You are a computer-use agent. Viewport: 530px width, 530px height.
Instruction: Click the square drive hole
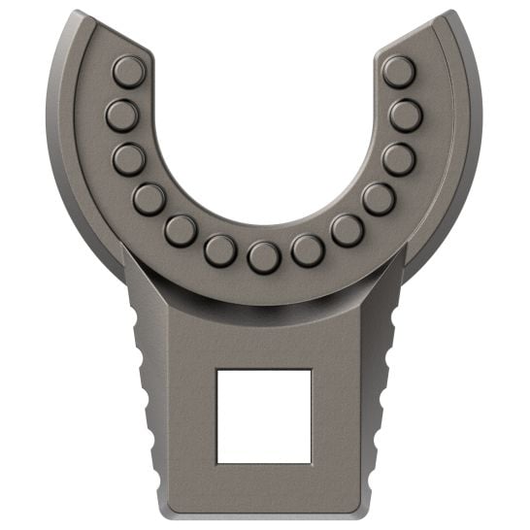[x=264, y=415]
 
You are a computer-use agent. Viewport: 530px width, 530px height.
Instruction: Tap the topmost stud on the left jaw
[x=128, y=71]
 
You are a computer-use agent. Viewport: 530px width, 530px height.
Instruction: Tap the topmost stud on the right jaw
[x=398, y=71]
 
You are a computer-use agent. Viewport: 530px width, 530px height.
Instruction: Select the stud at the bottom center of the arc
[x=264, y=257]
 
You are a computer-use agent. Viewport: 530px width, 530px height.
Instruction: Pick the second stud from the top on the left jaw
[x=122, y=116]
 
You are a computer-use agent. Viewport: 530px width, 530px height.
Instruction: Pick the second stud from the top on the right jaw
[x=406, y=116]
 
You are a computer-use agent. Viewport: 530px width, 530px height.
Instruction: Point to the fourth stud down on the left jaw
[x=149, y=199]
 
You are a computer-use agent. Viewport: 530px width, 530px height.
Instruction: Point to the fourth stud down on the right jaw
[x=379, y=199]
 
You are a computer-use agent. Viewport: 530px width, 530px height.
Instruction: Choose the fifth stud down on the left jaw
[x=181, y=230]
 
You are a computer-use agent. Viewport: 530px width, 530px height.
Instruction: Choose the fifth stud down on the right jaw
[x=347, y=230]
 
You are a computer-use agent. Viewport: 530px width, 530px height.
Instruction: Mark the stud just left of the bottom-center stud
[x=220, y=250]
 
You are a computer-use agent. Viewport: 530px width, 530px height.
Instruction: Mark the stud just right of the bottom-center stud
[x=308, y=250]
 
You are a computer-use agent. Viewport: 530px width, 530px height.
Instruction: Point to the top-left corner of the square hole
[x=217, y=370]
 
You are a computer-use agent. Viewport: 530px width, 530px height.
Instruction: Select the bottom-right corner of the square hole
[x=311, y=462]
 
